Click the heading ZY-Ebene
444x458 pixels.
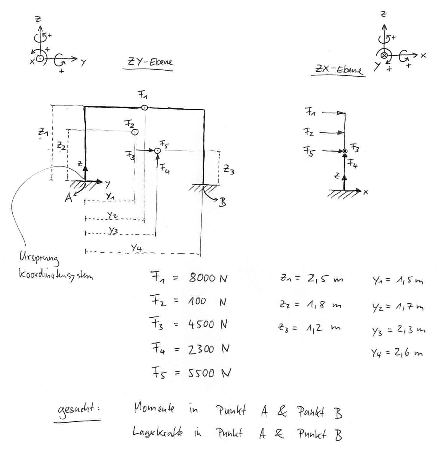[x=150, y=62]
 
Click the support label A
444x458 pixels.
[x=68, y=198]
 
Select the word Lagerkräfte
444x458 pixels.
[x=157, y=433]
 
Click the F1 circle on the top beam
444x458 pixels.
[x=144, y=107]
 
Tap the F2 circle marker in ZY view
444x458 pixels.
[x=135, y=132]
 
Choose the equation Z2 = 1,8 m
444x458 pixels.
[x=310, y=305]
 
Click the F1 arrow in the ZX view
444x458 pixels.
[x=334, y=113]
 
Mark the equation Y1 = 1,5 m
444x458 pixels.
[x=397, y=281]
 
